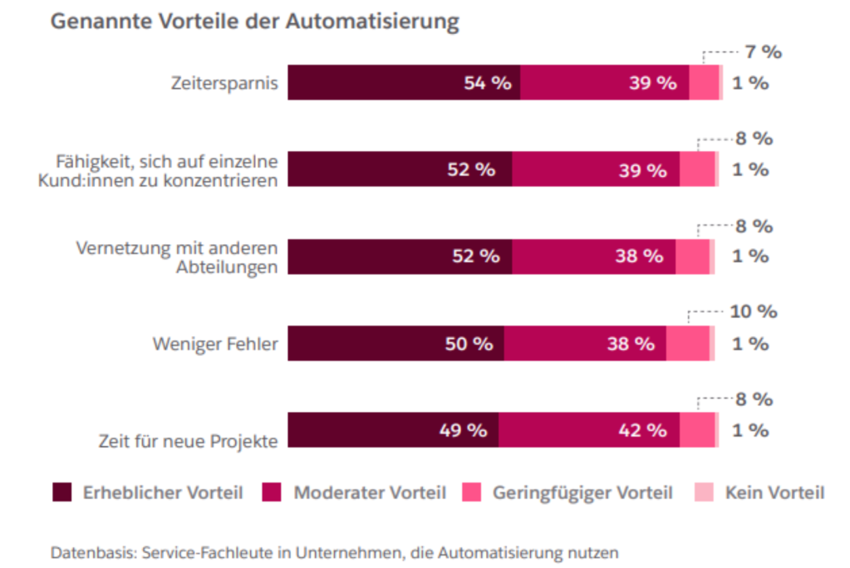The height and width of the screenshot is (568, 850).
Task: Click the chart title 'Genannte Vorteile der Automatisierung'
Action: pyautogui.click(x=254, y=22)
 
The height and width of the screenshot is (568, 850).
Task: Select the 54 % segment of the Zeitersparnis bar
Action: pyautogui.click(x=404, y=83)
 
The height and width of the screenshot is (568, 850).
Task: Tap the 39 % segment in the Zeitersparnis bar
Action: pyautogui.click(x=604, y=83)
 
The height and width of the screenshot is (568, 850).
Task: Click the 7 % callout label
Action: pyautogui.click(x=763, y=52)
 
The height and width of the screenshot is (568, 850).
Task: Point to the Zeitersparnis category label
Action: pyautogui.click(x=224, y=83)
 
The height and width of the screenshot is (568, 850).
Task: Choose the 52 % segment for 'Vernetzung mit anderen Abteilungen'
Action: pyautogui.click(x=400, y=256)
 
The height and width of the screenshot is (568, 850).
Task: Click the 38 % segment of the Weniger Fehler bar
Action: pyautogui.click(x=585, y=343)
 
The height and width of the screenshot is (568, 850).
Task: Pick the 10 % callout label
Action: pyautogui.click(x=753, y=312)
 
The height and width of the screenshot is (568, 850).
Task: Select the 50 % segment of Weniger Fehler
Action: pyautogui.click(x=396, y=343)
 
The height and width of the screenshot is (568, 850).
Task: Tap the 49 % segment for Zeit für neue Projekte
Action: pyautogui.click(x=393, y=430)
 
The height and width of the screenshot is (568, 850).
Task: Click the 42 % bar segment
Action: pyautogui.click(x=589, y=430)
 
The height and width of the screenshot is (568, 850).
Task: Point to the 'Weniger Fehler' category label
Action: pyautogui.click(x=214, y=343)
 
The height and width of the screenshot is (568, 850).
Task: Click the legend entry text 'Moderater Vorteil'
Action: pyautogui.click(x=369, y=493)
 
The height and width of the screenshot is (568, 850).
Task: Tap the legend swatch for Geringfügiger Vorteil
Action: pyautogui.click(x=473, y=492)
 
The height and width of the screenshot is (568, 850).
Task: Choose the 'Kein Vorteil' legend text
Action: pyautogui.click(x=774, y=493)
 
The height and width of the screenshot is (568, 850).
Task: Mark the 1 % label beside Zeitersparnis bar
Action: pyautogui.click(x=749, y=83)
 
